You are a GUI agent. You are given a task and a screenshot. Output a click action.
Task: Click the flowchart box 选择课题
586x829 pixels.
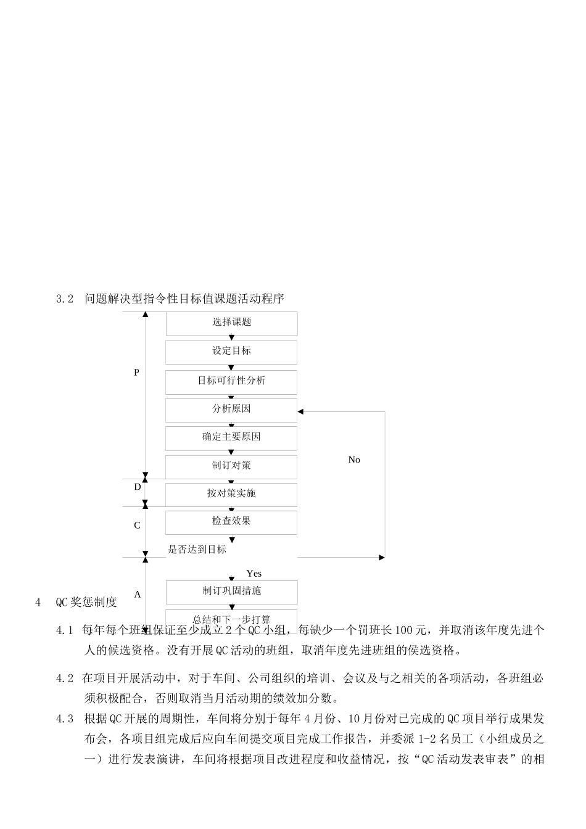pyautogui.click(x=231, y=323)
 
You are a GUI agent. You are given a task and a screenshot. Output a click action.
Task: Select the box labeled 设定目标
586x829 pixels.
pyautogui.click(x=231, y=352)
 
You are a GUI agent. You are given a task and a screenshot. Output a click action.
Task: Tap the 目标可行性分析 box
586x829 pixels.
pyautogui.click(x=231, y=381)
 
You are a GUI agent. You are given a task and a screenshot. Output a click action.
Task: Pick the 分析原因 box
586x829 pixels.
pyautogui.click(x=231, y=410)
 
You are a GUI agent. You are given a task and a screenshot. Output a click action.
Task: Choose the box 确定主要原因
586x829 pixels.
pyautogui.click(x=231, y=437)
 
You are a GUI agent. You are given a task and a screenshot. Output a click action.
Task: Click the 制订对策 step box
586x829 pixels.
pyautogui.click(x=231, y=466)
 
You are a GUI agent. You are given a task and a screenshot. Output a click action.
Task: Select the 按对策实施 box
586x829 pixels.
pyautogui.click(x=231, y=494)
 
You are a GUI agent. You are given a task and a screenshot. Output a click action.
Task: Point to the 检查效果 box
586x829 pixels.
pyautogui.click(x=231, y=522)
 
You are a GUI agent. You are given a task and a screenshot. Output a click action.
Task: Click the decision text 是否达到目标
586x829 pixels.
pyautogui.click(x=197, y=550)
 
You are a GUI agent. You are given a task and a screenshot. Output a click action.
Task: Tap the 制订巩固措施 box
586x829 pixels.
pyautogui.click(x=231, y=592)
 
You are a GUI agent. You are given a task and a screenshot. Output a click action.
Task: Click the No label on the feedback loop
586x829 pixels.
pyautogui.click(x=354, y=460)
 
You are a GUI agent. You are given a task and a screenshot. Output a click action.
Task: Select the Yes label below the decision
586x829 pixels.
pyautogui.click(x=254, y=574)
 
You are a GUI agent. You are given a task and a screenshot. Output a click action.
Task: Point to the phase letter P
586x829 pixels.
pyautogui.click(x=137, y=373)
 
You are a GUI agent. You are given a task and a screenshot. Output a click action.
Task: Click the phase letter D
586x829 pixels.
pyautogui.click(x=138, y=487)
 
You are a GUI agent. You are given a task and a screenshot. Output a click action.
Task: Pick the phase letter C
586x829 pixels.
pyautogui.click(x=137, y=526)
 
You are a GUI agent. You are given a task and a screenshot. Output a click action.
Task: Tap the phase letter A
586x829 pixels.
pyautogui.click(x=138, y=595)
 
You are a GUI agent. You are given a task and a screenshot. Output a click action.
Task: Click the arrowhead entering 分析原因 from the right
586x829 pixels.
pyautogui.click(x=301, y=411)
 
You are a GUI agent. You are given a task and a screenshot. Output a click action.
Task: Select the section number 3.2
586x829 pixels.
pyautogui.click(x=65, y=299)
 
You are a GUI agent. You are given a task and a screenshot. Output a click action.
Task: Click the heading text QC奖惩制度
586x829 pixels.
pyautogui.click(x=86, y=603)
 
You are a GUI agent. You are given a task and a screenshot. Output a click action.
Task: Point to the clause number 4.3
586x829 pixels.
pyautogui.click(x=65, y=719)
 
